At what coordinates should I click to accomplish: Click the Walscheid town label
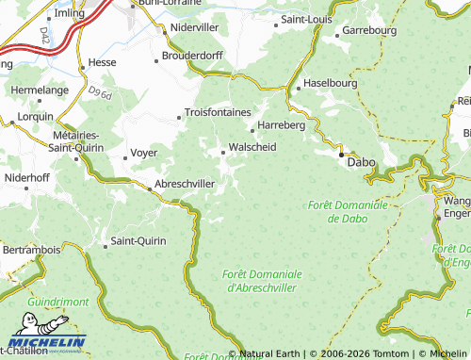pos(252,147)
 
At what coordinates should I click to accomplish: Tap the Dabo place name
pos(362,162)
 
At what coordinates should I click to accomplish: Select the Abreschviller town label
pos(186,184)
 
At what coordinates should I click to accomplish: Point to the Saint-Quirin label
pos(138,241)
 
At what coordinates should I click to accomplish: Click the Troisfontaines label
pos(218,112)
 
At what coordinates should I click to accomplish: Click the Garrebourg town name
pos(370,31)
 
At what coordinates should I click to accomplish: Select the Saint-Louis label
pos(306,19)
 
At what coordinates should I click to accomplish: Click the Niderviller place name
pos(198,27)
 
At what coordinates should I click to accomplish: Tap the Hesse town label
pos(101,62)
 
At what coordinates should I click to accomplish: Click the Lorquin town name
pos(36,116)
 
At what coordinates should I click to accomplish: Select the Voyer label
pos(143,152)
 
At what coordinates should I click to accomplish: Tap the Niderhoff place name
pos(27,176)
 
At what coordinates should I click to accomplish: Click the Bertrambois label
pos(32,250)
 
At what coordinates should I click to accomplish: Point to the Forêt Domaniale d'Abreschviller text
pos(262,280)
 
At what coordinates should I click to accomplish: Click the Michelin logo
pos(47,342)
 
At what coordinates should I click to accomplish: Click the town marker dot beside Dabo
pos(341,156)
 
